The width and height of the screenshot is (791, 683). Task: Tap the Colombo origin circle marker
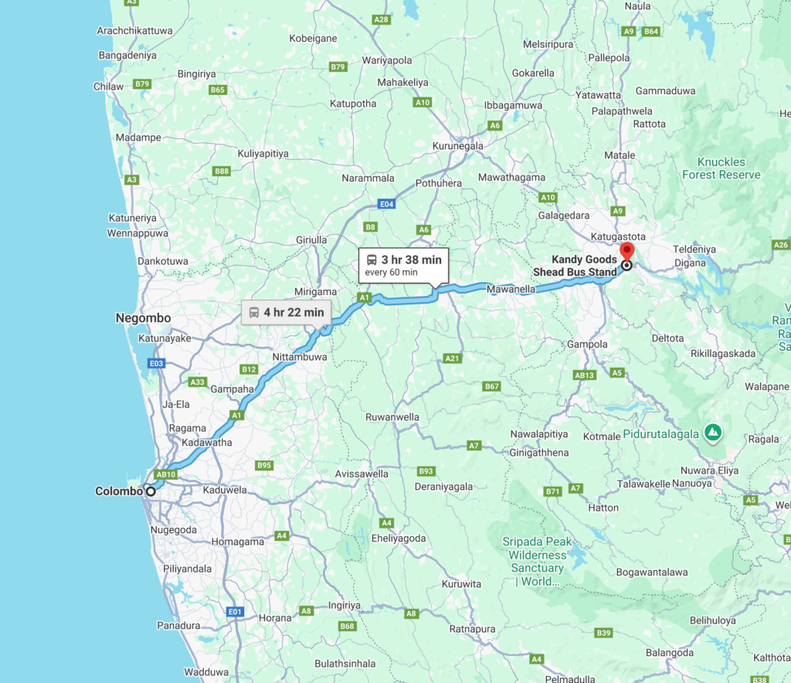pyautogui.click(x=151, y=491)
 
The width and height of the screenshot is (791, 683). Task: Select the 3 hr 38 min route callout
pyautogui.click(x=403, y=265)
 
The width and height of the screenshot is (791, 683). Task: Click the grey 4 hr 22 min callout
pyautogui.click(x=286, y=313)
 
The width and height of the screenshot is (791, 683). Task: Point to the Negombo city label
pyautogui.click(x=143, y=318)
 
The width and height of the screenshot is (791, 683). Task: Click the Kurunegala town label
pyautogui.click(x=457, y=145)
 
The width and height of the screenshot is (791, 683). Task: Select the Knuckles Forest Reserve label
pyautogui.click(x=721, y=168)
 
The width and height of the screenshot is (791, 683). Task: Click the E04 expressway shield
pyautogui.click(x=387, y=204)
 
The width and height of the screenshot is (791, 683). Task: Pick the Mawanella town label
pyautogui.click(x=511, y=291)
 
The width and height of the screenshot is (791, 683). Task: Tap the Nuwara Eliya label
pyautogui.click(x=709, y=471)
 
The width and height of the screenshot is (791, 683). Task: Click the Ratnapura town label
pyautogui.click(x=471, y=629)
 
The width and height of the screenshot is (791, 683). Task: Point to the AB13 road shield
pyautogui.click(x=585, y=375)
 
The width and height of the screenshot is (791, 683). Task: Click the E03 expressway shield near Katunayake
pyautogui.click(x=157, y=362)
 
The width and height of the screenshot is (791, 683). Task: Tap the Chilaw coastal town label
pyautogui.click(x=108, y=87)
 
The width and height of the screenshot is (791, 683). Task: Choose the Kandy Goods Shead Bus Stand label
pyautogui.click(x=575, y=266)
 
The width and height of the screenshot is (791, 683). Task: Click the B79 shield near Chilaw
pyautogui.click(x=142, y=83)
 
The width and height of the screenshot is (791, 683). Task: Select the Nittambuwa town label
pyautogui.click(x=300, y=358)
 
